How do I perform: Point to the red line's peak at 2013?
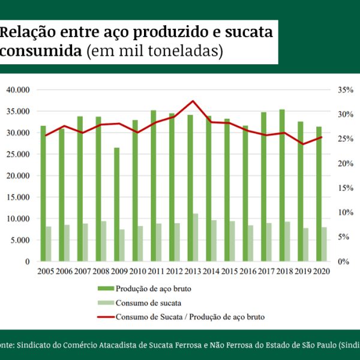click(193, 101)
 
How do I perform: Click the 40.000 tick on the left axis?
click(18, 90)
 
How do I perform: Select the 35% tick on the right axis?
click(344, 90)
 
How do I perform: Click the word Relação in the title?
click(32, 32)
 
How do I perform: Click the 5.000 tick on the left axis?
click(20, 240)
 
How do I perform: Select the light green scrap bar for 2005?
click(49, 244)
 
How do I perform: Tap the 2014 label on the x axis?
click(210, 272)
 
